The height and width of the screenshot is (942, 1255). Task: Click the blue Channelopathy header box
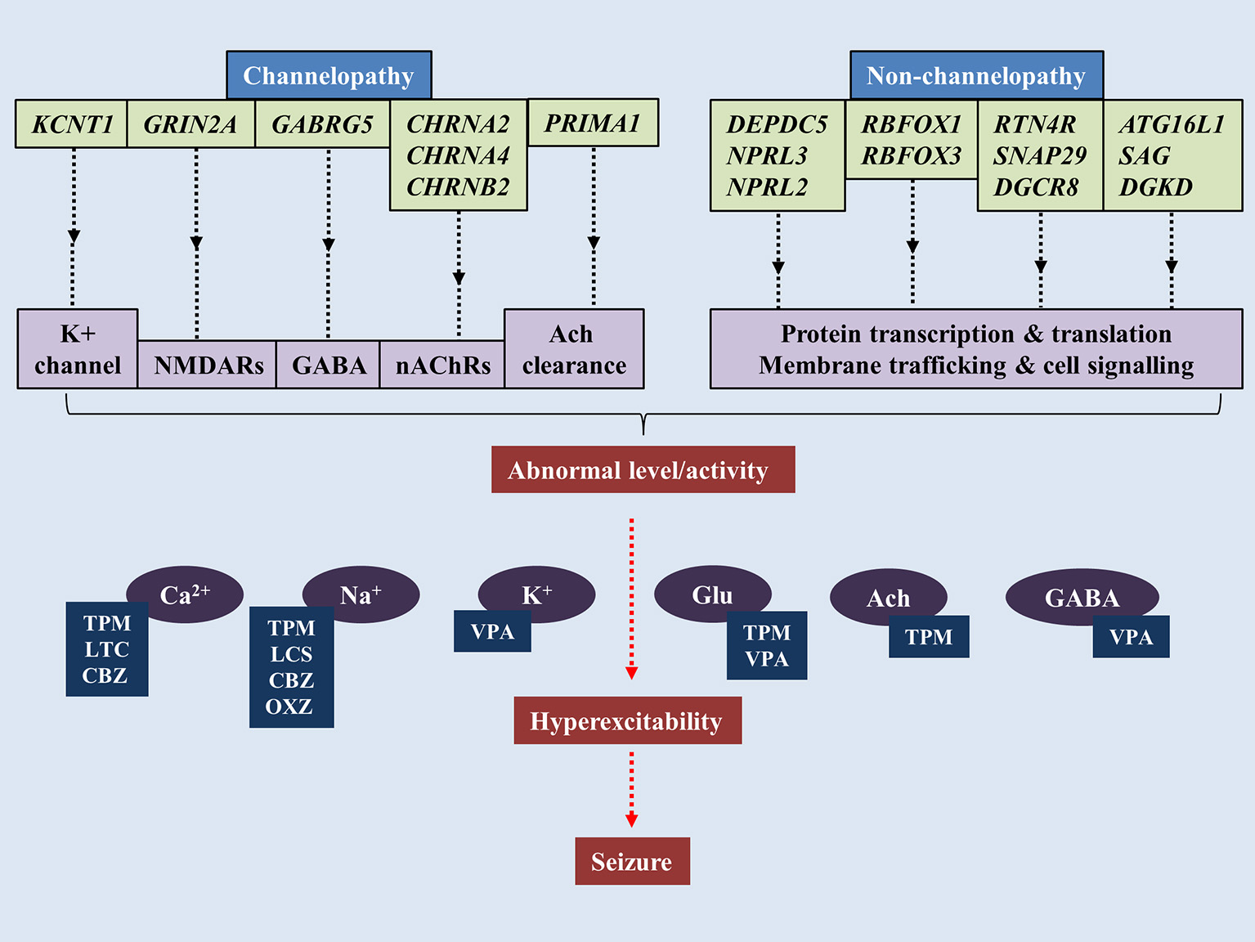coord(329,75)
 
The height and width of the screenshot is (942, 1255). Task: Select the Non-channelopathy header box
coord(976,75)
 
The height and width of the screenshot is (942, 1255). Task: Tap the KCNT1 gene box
coord(72,124)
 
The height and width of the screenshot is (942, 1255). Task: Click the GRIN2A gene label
coord(190,124)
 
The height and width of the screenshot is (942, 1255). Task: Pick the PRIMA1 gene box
coord(593,123)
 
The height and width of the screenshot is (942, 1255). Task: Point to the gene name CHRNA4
coord(458,155)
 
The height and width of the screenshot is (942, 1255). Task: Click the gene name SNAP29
coord(1040,155)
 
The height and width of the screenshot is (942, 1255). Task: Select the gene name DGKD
coord(1155,187)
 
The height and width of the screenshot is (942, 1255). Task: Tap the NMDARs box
coord(208,365)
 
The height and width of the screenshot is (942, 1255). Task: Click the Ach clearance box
coord(574,349)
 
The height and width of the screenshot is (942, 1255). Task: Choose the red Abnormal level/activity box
coord(643,470)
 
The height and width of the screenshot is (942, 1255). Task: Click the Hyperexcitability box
coord(627,721)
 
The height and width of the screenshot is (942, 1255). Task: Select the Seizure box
coord(632,862)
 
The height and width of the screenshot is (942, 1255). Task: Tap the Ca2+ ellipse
coord(186,593)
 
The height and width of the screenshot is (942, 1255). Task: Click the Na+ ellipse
coord(361,593)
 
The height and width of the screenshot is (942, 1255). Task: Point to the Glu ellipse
coord(712,593)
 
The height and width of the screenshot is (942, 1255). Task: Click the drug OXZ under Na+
coord(289,706)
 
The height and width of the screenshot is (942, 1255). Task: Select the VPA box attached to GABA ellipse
coord(1131,637)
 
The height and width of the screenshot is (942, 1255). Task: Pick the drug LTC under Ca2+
coord(107,649)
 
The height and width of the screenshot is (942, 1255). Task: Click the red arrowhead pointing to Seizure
coord(631,820)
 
